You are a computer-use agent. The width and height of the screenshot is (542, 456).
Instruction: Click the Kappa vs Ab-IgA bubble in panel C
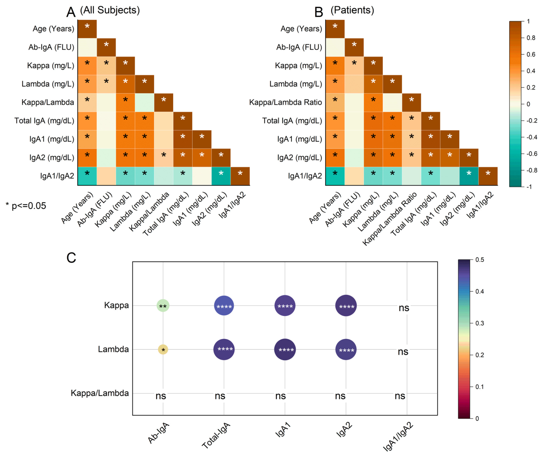pos(163,306)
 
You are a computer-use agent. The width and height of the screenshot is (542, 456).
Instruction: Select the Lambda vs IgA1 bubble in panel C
pos(285,349)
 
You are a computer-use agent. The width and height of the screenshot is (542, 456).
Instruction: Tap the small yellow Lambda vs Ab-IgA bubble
pos(163,350)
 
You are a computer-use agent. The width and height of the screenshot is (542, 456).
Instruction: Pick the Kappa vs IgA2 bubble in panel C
pos(346,306)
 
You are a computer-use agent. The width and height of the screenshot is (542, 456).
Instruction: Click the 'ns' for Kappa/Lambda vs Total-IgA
pos(220,396)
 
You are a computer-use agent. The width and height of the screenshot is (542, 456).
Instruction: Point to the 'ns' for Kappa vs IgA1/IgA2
pos(404,308)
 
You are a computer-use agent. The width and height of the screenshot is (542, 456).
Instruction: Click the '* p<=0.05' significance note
pos(26,206)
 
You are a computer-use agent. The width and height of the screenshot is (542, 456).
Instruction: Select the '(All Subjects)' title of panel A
pos(110,10)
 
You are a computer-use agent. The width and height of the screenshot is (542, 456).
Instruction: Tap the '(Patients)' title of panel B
pos(352,10)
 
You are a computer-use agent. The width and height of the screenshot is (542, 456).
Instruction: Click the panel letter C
pos(71,258)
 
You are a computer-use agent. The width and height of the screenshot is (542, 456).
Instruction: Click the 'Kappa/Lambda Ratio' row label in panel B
pos(285,102)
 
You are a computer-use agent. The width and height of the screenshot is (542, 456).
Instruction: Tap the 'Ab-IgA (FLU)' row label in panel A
pos(51,47)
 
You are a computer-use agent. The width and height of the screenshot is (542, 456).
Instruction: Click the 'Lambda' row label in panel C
pos(113,349)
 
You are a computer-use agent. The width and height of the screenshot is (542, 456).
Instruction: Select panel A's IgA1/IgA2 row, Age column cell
pos(87,176)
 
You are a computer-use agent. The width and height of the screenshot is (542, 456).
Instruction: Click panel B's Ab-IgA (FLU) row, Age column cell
pos(335,47)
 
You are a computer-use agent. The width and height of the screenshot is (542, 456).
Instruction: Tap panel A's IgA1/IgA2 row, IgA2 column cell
pos(221,176)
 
